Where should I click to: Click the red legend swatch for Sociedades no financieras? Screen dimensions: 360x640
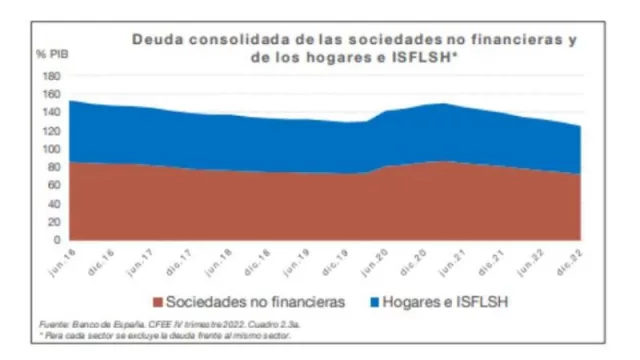pos(158,299)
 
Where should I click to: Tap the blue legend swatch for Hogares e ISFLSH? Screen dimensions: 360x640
pos(377,299)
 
